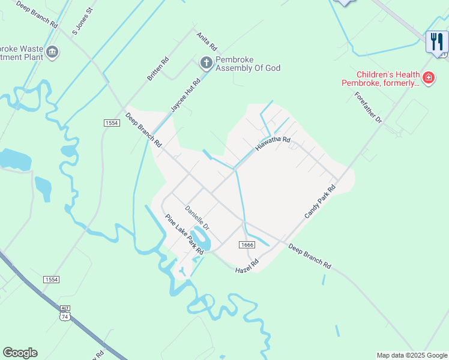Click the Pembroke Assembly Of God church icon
(x=206, y=62)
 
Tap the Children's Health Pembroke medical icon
(x=428, y=77)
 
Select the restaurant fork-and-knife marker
(x=436, y=41)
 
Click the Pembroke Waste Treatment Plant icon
(x=52, y=53)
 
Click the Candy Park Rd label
(x=319, y=202)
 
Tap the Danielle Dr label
(x=196, y=218)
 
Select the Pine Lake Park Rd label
(x=184, y=235)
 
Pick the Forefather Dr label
(x=368, y=108)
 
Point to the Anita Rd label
(x=206, y=41)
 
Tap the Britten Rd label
(x=158, y=69)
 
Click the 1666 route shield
(x=247, y=245)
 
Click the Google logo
(x=20, y=353)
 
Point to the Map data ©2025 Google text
(x=412, y=355)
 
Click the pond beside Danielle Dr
(x=202, y=238)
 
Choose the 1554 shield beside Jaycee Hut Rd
(x=111, y=122)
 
